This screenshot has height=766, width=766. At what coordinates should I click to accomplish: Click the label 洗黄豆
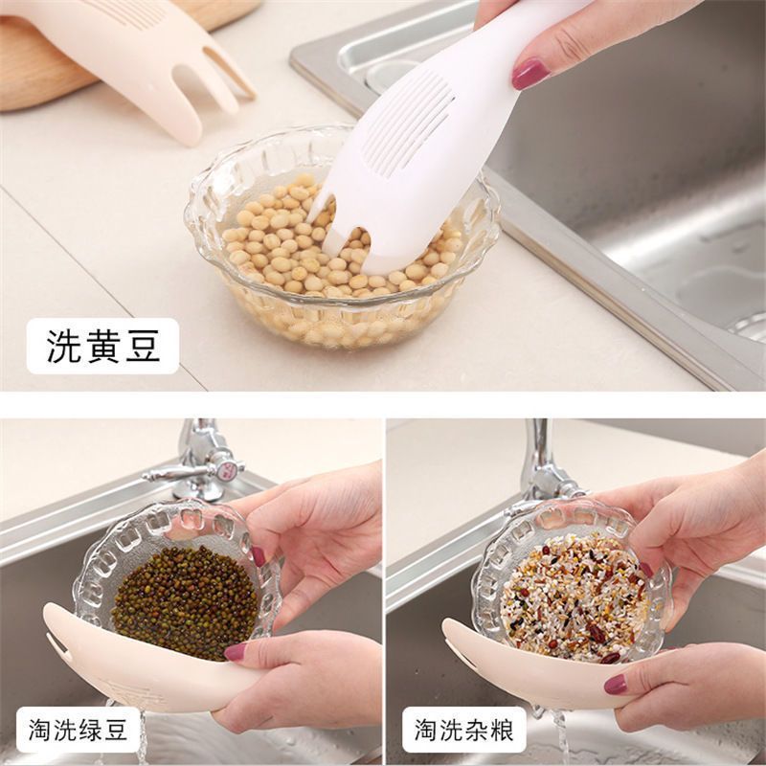coord(103,346)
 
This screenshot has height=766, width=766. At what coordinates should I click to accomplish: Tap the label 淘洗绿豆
coord(78,730)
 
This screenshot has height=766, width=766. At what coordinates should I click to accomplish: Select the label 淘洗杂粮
coord(464,730)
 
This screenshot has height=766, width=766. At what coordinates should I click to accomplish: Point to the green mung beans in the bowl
coord(185,602)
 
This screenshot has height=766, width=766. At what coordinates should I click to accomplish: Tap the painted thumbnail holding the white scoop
coord(530,74)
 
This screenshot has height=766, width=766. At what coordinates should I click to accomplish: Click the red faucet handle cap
coord(226,470)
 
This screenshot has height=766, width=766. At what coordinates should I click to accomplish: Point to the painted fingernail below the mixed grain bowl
coord(615,685)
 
